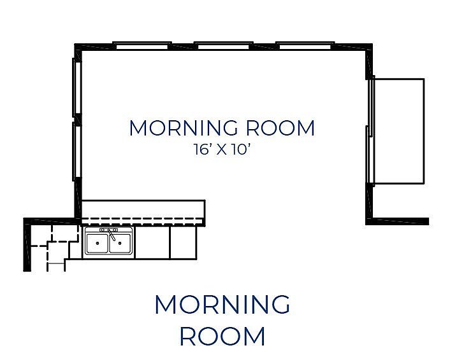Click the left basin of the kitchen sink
pos(97,242)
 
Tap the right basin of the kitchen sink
pos(120,242)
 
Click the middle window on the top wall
pos(222,45)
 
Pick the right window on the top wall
pos(305,45)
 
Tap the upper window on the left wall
pos(76,87)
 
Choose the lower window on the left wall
pos(76,152)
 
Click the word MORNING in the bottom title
pos(222,305)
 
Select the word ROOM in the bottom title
pos(222,336)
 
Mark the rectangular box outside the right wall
pos(398,130)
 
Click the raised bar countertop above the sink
pos(143,210)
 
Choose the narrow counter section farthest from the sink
pos(183,242)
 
